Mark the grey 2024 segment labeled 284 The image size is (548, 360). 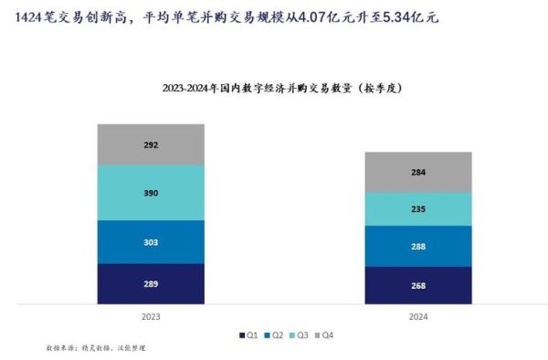coord(418,171)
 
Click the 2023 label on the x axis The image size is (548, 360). coord(152,316)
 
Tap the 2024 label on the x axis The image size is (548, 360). coord(417,316)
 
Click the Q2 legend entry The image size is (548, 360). coord(271,335)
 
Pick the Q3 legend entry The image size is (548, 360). coord(296,335)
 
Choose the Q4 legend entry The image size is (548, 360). coord(321,335)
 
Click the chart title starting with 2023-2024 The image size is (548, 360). coord(282,89)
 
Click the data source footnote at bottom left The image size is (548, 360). coord(95,348)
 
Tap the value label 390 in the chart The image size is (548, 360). coord(152,193)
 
